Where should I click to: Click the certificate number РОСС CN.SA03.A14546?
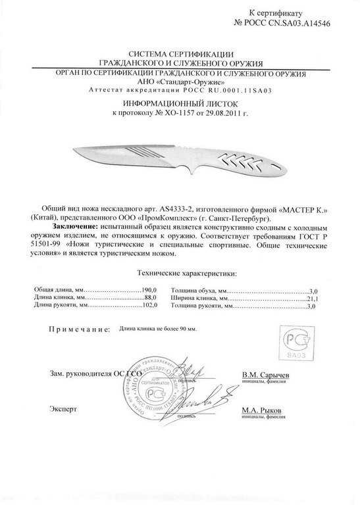coord(300,23)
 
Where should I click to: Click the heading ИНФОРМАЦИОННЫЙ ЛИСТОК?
coord(180,105)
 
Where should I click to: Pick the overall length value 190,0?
coord(149,290)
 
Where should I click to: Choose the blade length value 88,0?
coord(149,298)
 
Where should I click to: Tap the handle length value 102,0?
coord(149,306)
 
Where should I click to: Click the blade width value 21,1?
coord(313,298)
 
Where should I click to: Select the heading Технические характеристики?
coord(179,271)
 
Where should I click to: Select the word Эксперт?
coord(61,409)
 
